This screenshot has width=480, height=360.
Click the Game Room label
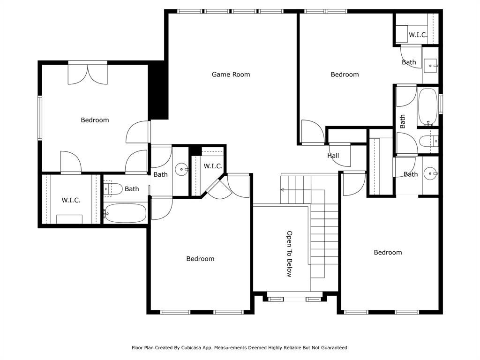231,75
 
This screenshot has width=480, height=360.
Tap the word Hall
333,156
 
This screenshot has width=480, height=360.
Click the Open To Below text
289,254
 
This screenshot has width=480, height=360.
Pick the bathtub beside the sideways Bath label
427,107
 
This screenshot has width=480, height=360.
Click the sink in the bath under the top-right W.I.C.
431,66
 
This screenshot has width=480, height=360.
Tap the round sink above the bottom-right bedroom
431,173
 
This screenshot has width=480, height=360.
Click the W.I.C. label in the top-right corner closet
418,35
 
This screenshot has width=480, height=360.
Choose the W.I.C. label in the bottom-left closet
71,200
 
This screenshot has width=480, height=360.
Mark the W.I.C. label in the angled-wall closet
213,166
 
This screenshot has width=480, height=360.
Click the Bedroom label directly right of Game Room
345,75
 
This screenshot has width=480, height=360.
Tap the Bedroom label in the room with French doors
95,120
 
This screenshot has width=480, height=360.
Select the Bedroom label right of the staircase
388,252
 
